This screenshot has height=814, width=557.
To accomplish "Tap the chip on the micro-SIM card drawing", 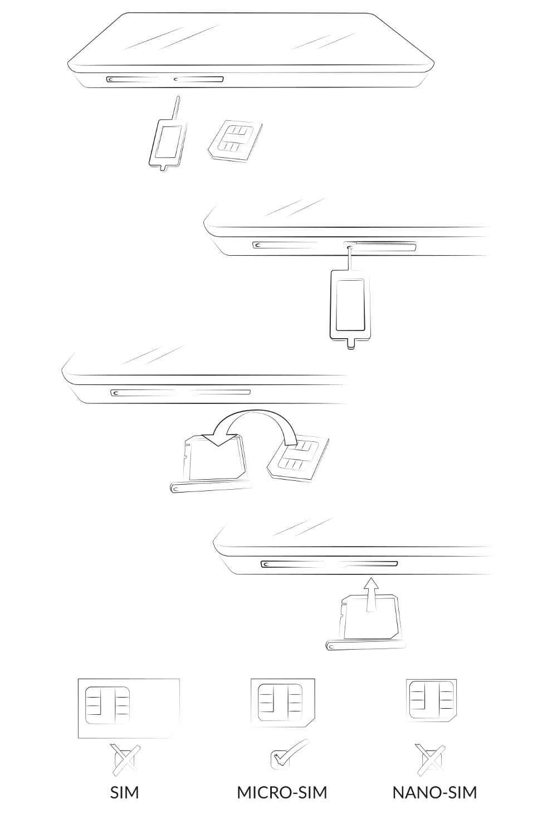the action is pyautogui.click(x=280, y=702).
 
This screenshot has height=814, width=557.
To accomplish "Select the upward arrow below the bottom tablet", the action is pyautogui.click(x=371, y=594).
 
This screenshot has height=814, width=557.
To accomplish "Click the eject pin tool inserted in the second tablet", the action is pyautogui.click(x=349, y=298).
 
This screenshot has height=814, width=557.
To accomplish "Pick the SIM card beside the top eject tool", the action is pyautogui.click(x=234, y=141).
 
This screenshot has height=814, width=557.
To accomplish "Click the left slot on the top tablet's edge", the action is pyautogui.click(x=132, y=79).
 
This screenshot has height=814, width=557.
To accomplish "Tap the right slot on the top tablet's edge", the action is pyautogui.click(x=198, y=79).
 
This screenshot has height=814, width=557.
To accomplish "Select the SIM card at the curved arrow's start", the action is pyautogui.click(x=298, y=460).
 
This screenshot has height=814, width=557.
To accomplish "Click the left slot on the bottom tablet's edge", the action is pyautogui.click(x=292, y=564).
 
